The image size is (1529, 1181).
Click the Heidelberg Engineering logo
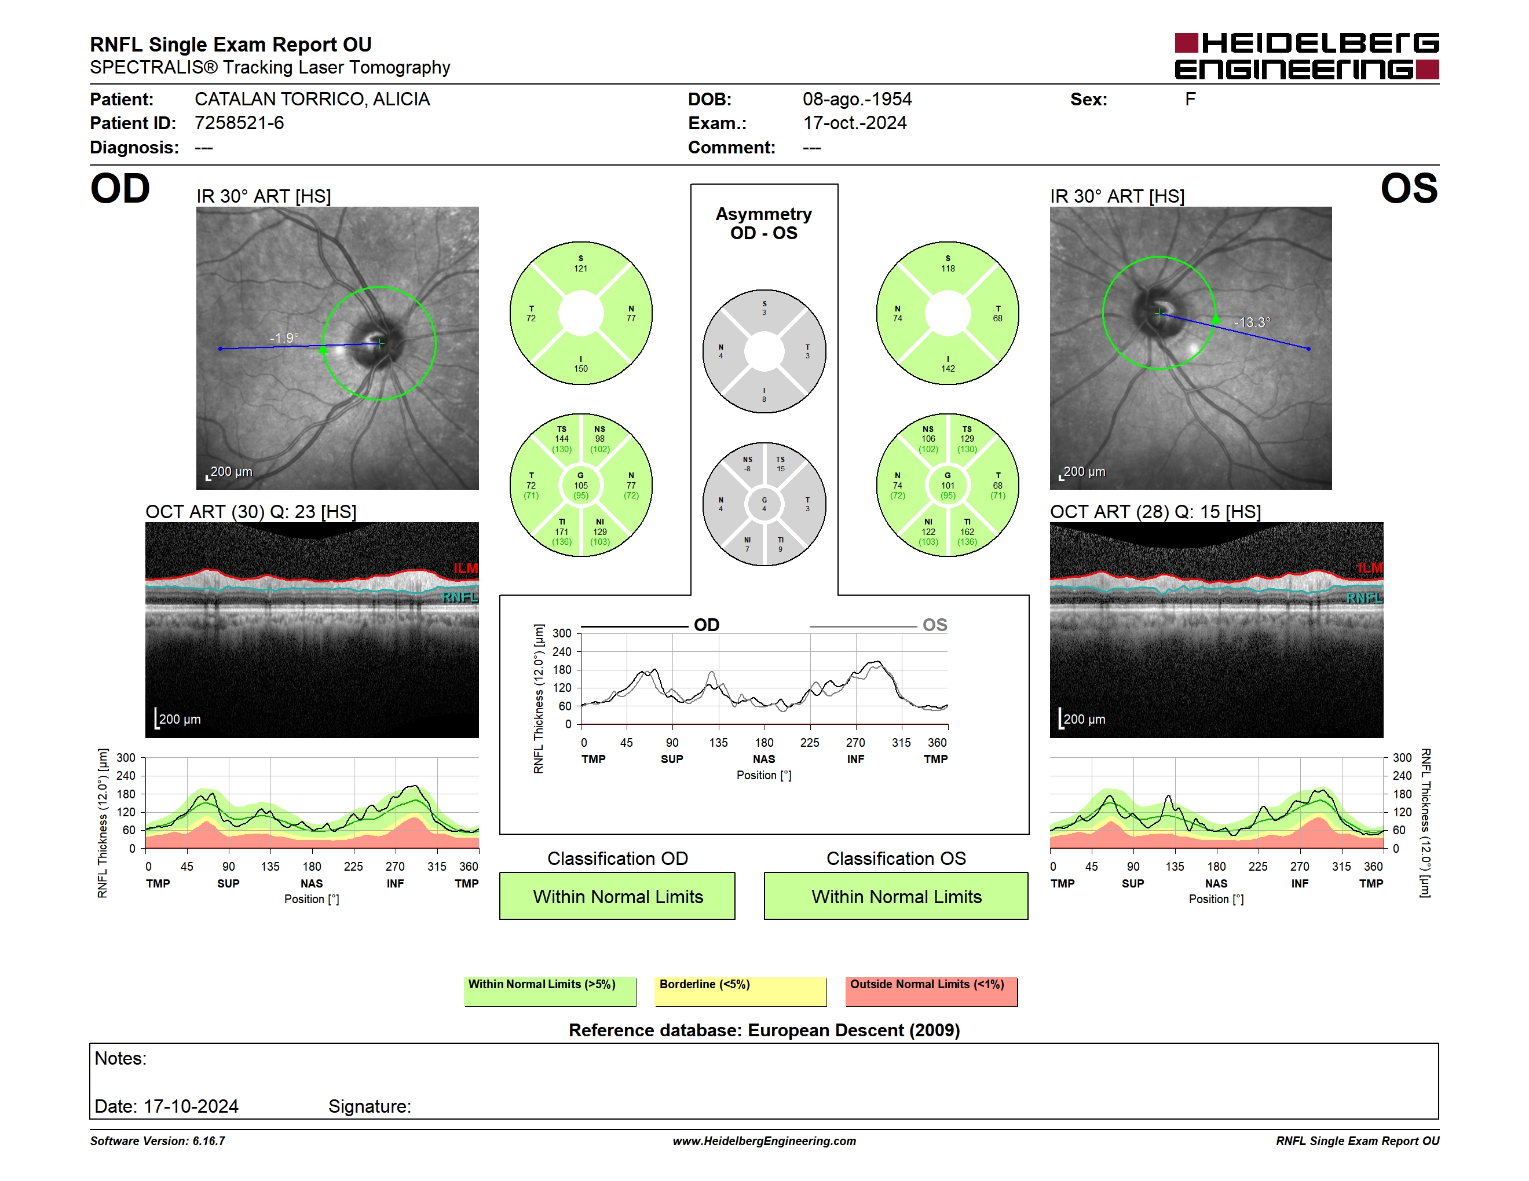[x=1307, y=56]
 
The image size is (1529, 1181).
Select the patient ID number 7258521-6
[x=239, y=123]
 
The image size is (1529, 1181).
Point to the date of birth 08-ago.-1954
[x=857, y=100]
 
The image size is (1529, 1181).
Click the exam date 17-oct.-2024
[x=854, y=123]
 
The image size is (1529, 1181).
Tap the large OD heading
[x=120, y=189]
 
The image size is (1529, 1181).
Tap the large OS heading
[x=1409, y=189]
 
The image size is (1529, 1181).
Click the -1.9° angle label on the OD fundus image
[x=284, y=338]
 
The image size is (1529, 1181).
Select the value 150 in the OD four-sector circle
[x=581, y=369]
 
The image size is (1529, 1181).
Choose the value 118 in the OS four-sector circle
[x=948, y=269]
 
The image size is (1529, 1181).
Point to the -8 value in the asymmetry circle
[x=747, y=469]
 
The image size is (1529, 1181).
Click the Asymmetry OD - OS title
[x=764, y=223]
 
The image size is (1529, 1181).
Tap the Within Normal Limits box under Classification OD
[x=617, y=896]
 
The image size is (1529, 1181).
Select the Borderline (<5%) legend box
[x=741, y=991]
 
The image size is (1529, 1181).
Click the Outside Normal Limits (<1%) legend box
[x=931, y=991]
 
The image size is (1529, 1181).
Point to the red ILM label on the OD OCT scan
[x=466, y=568]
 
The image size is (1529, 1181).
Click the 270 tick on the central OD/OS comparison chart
[x=855, y=742]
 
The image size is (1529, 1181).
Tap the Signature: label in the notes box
[x=370, y=1106]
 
